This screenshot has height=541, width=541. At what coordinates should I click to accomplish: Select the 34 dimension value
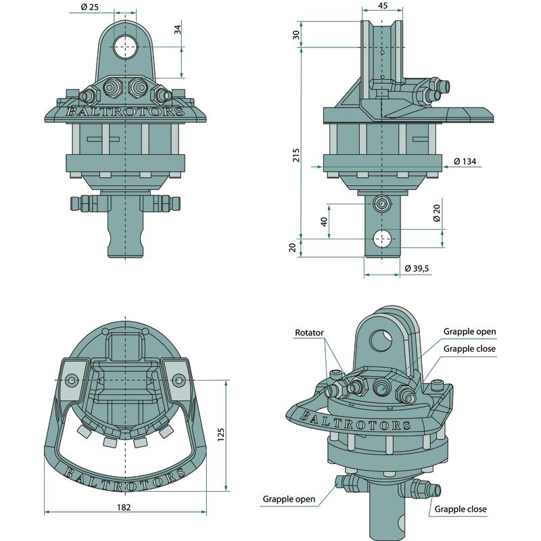(x=178, y=30)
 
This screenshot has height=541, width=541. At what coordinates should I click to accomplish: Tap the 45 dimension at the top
(x=383, y=6)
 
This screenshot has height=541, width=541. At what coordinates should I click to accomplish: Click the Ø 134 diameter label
(x=465, y=161)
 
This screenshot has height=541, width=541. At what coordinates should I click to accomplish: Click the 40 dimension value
(x=324, y=221)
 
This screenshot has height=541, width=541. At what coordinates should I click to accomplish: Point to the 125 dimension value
(x=220, y=432)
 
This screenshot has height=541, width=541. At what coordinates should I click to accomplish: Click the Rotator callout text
(x=310, y=333)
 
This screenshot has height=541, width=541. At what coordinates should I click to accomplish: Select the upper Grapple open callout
(x=469, y=332)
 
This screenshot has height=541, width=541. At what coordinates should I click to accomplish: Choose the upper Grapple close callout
(x=469, y=348)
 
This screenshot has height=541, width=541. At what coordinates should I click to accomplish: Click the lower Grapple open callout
(x=289, y=499)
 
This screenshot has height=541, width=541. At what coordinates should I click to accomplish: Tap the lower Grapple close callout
(x=460, y=509)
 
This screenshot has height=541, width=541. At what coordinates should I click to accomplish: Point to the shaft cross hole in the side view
(x=383, y=238)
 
